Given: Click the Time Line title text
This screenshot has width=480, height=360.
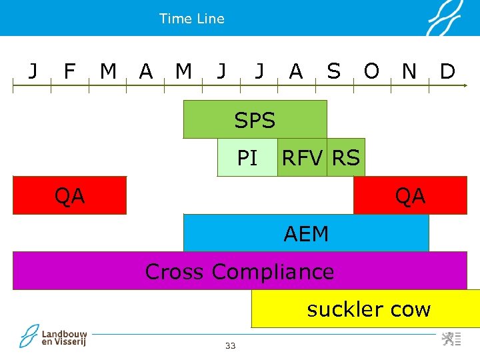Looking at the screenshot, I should click(x=192, y=19).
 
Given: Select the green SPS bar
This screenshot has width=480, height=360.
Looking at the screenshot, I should click(x=255, y=119).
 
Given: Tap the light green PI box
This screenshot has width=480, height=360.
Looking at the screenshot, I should click(x=247, y=158).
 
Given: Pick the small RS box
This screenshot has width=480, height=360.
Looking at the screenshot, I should click(x=346, y=158).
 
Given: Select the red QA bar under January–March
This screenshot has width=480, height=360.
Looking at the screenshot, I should click(x=69, y=195).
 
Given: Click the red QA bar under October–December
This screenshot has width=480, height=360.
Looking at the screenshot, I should click(x=410, y=195).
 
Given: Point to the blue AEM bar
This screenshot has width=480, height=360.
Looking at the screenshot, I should click(x=306, y=233).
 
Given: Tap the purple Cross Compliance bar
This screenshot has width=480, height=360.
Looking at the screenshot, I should click(x=239, y=271).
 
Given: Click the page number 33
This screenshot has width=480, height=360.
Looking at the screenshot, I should click(x=231, y=345).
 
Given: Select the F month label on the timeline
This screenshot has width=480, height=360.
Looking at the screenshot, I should click(x=69, y=71).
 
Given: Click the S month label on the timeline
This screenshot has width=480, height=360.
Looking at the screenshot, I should click(x=333, y=71).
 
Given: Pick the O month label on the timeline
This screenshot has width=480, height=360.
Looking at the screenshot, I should click(x=371, y=71).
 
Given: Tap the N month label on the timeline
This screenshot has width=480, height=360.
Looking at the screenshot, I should click(x=409, y=71).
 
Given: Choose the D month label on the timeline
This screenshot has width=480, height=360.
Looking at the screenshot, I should click(x=447, y=71).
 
